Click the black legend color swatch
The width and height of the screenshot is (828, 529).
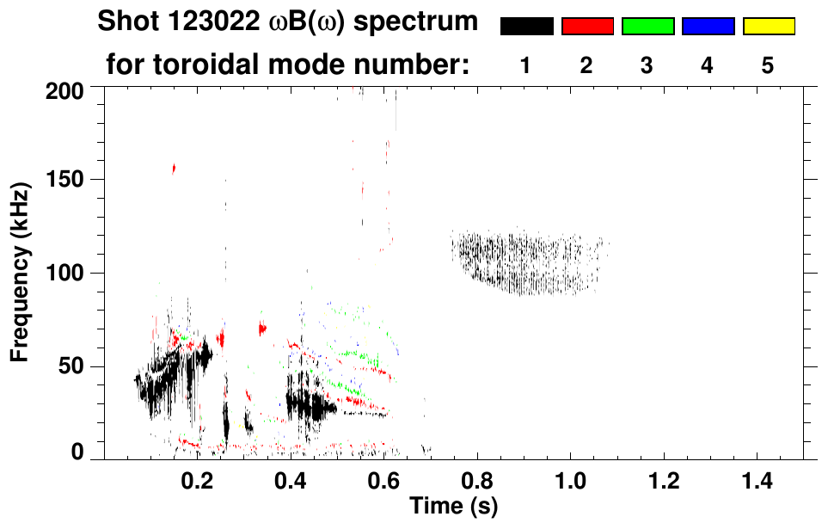click(x=526, y=27)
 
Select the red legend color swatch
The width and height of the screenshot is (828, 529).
click(x=587, y=27)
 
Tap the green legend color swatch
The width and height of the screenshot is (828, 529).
click(x=647, y=27)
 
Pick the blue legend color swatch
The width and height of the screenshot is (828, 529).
click(x=708, y=27)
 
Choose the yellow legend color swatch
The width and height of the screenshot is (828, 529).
click(x=769, y=27)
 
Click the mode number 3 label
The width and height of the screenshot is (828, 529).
click(x=647, y=65)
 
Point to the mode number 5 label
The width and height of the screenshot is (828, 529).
click(x=768, y=65)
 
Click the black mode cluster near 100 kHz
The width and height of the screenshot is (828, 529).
click(x=529, y=262)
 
